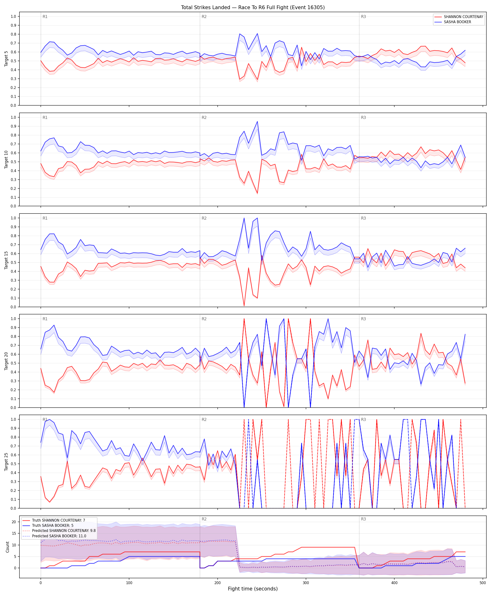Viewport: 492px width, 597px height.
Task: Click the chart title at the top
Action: [253, 7]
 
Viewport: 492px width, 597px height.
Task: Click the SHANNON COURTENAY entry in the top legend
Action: [463, 17]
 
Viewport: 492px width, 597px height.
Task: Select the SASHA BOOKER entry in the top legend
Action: [457, 22]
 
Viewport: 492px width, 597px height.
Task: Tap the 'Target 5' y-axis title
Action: [6, 59]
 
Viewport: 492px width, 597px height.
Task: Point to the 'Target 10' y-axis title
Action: [6, 159]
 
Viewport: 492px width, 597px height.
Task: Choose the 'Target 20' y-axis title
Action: [6, 361]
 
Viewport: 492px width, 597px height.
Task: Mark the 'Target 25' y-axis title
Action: [6, 462]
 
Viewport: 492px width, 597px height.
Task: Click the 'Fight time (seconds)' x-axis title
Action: [253, 589]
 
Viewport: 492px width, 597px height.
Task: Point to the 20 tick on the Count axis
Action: [14, 522]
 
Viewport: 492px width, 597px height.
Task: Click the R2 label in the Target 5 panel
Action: [204, 17]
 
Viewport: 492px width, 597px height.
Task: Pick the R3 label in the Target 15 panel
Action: [363, 218]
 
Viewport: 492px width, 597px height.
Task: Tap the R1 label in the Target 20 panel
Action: [45, 319]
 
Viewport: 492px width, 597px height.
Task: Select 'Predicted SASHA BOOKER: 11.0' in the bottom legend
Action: [59, 536]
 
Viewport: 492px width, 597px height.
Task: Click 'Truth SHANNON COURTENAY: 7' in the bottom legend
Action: [58, 520]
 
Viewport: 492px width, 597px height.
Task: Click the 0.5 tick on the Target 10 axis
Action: [13, 162]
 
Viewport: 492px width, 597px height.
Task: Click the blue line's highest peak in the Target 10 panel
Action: [257, 122]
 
